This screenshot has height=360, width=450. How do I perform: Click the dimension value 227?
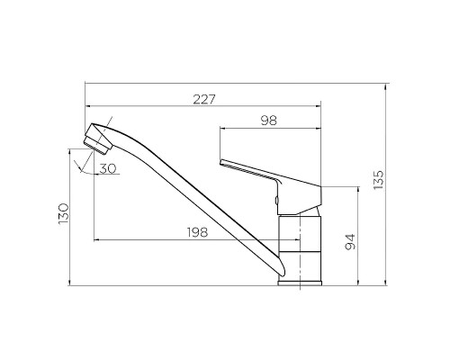click(204, 99)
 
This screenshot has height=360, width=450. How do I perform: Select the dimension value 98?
click(269, 121)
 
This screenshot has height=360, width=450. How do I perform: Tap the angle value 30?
click(108, 168)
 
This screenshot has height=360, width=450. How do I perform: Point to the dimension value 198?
click(197, 232)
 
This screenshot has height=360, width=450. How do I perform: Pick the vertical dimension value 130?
click(64, 213)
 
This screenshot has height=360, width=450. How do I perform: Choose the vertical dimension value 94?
click(350, 242)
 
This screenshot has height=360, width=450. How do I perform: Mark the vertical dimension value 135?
click(379, 179)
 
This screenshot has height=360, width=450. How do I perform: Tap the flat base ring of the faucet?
click(300, 283)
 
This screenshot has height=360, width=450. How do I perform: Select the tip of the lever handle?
click(220, 162)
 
